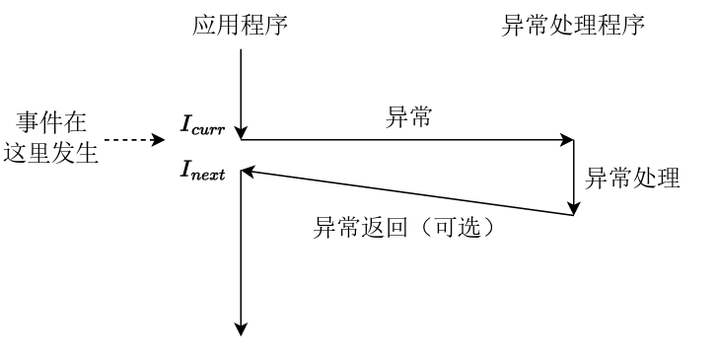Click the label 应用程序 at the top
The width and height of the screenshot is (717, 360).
[240, 24]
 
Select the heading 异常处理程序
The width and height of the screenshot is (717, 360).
[574, 24]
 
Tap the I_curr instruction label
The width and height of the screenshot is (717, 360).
[203, 123]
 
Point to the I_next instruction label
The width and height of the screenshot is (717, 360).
[203, 172]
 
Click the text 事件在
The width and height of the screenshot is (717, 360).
[51, 124]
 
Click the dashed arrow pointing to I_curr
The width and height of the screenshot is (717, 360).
[133, 140]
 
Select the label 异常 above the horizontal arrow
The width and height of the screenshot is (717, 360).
[404, 117]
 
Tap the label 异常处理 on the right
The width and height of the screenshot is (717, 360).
[632, 179]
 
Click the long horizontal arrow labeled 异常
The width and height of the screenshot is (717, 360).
[404, 140]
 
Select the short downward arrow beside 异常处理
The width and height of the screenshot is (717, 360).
[574, 178]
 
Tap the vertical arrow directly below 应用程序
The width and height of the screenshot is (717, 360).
[241, 89]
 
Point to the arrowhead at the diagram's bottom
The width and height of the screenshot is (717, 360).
[241, 329]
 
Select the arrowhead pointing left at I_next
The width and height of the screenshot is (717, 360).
[249, 172]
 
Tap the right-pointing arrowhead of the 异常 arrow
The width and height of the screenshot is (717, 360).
[568, 140]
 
